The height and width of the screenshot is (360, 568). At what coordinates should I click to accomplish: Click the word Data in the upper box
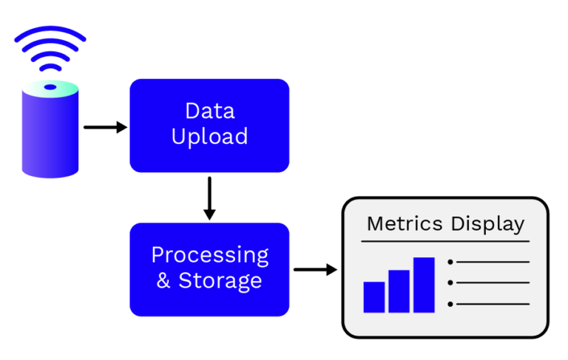(210, 111)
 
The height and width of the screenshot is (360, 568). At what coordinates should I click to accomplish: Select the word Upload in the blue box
(210, 137)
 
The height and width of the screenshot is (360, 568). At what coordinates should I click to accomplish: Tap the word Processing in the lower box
(210, 256)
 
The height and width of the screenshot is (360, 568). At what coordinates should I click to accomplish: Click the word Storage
(220, 281)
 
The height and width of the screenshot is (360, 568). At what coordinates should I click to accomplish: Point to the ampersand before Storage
(163, 280)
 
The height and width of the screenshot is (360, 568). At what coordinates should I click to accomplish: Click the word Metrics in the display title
(405, 223)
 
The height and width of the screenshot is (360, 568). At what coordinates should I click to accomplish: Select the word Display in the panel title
(488, 224)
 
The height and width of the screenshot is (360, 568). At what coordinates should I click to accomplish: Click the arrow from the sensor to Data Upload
(106, 127)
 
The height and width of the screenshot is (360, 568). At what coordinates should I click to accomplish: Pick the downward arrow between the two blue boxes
(209, 198)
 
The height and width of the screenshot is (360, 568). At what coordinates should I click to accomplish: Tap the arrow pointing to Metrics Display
(316, 270)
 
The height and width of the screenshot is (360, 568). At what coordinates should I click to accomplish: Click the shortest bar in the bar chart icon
(374, 297)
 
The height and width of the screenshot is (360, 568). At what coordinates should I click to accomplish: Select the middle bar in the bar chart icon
(399, 291)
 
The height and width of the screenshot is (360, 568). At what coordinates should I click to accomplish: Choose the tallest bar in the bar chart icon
(424, 285)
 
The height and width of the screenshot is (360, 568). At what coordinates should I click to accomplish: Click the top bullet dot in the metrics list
(450, 262)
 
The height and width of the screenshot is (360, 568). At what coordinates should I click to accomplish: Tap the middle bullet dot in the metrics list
(450, 282)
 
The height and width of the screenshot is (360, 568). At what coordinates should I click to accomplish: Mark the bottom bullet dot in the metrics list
(450, 304)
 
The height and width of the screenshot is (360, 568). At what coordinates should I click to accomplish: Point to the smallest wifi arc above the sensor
(50, 66)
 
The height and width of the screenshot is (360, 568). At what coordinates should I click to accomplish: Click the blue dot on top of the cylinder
(50, 87)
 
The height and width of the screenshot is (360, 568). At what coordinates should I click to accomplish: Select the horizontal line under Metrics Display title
(445, 241)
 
